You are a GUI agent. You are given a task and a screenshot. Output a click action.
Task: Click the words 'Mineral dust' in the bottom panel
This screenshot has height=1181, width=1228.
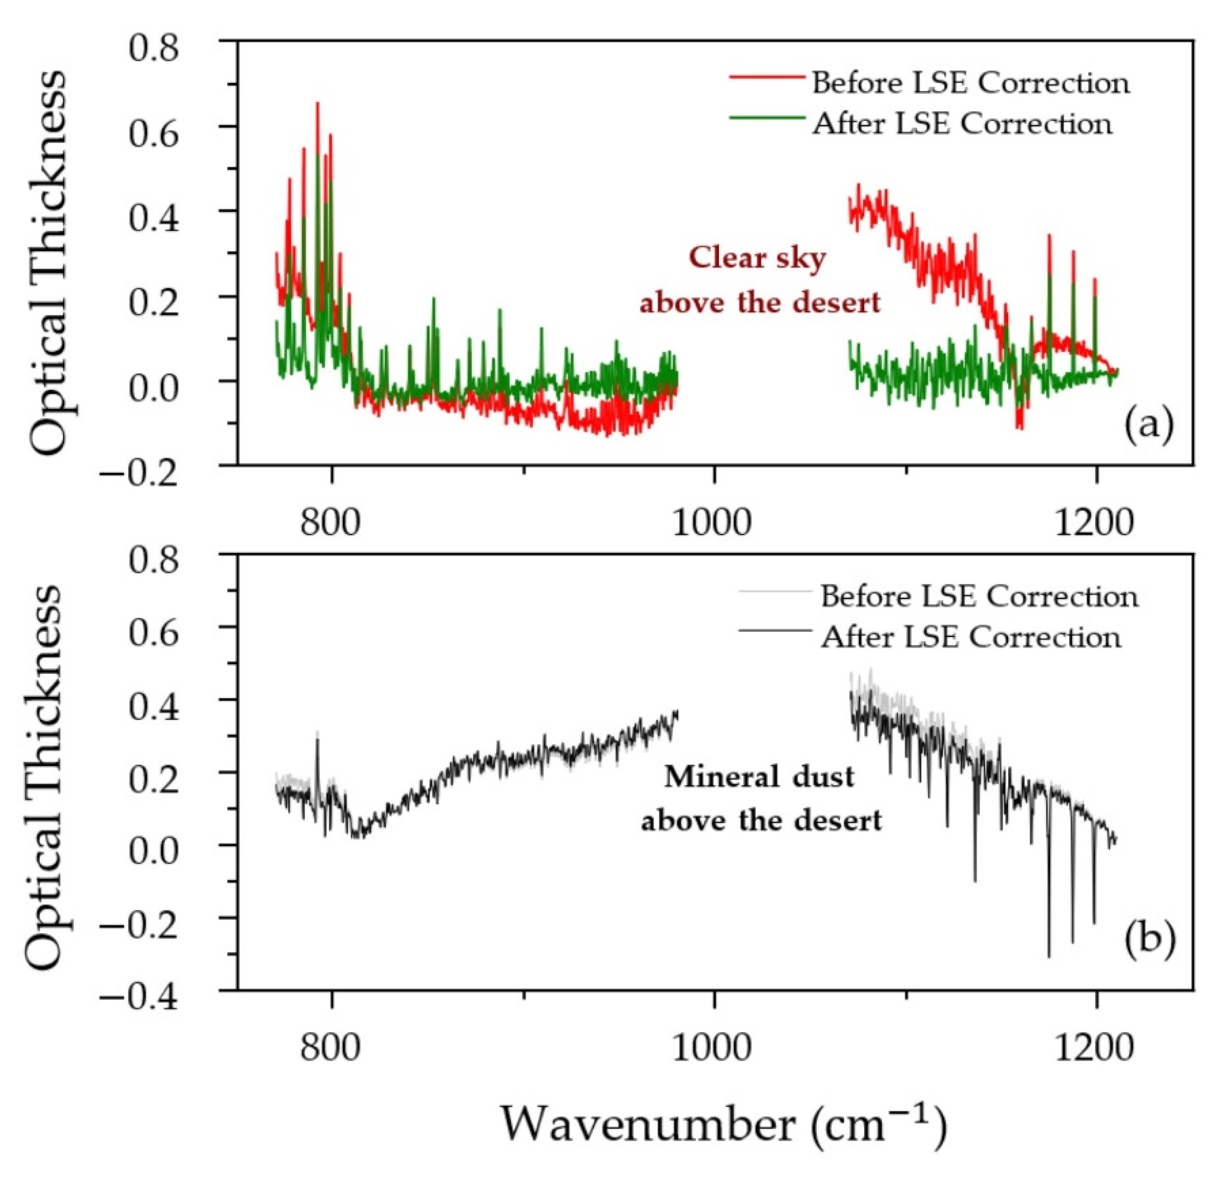click(x=759, y=777)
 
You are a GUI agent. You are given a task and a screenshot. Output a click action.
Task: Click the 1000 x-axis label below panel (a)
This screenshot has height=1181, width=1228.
click(x=712, y=522)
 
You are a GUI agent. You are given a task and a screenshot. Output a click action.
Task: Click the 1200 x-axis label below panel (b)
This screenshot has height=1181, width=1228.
click(x=1095, y=1048)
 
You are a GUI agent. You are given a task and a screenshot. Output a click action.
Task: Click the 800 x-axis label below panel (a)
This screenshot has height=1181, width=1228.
click(x=331, y=522)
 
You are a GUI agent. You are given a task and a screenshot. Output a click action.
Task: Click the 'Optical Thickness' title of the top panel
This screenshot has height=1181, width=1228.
click(x=47, y=262)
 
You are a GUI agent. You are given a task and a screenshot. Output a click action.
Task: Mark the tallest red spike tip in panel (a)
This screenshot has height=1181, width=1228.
click(x=318, y=103)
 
